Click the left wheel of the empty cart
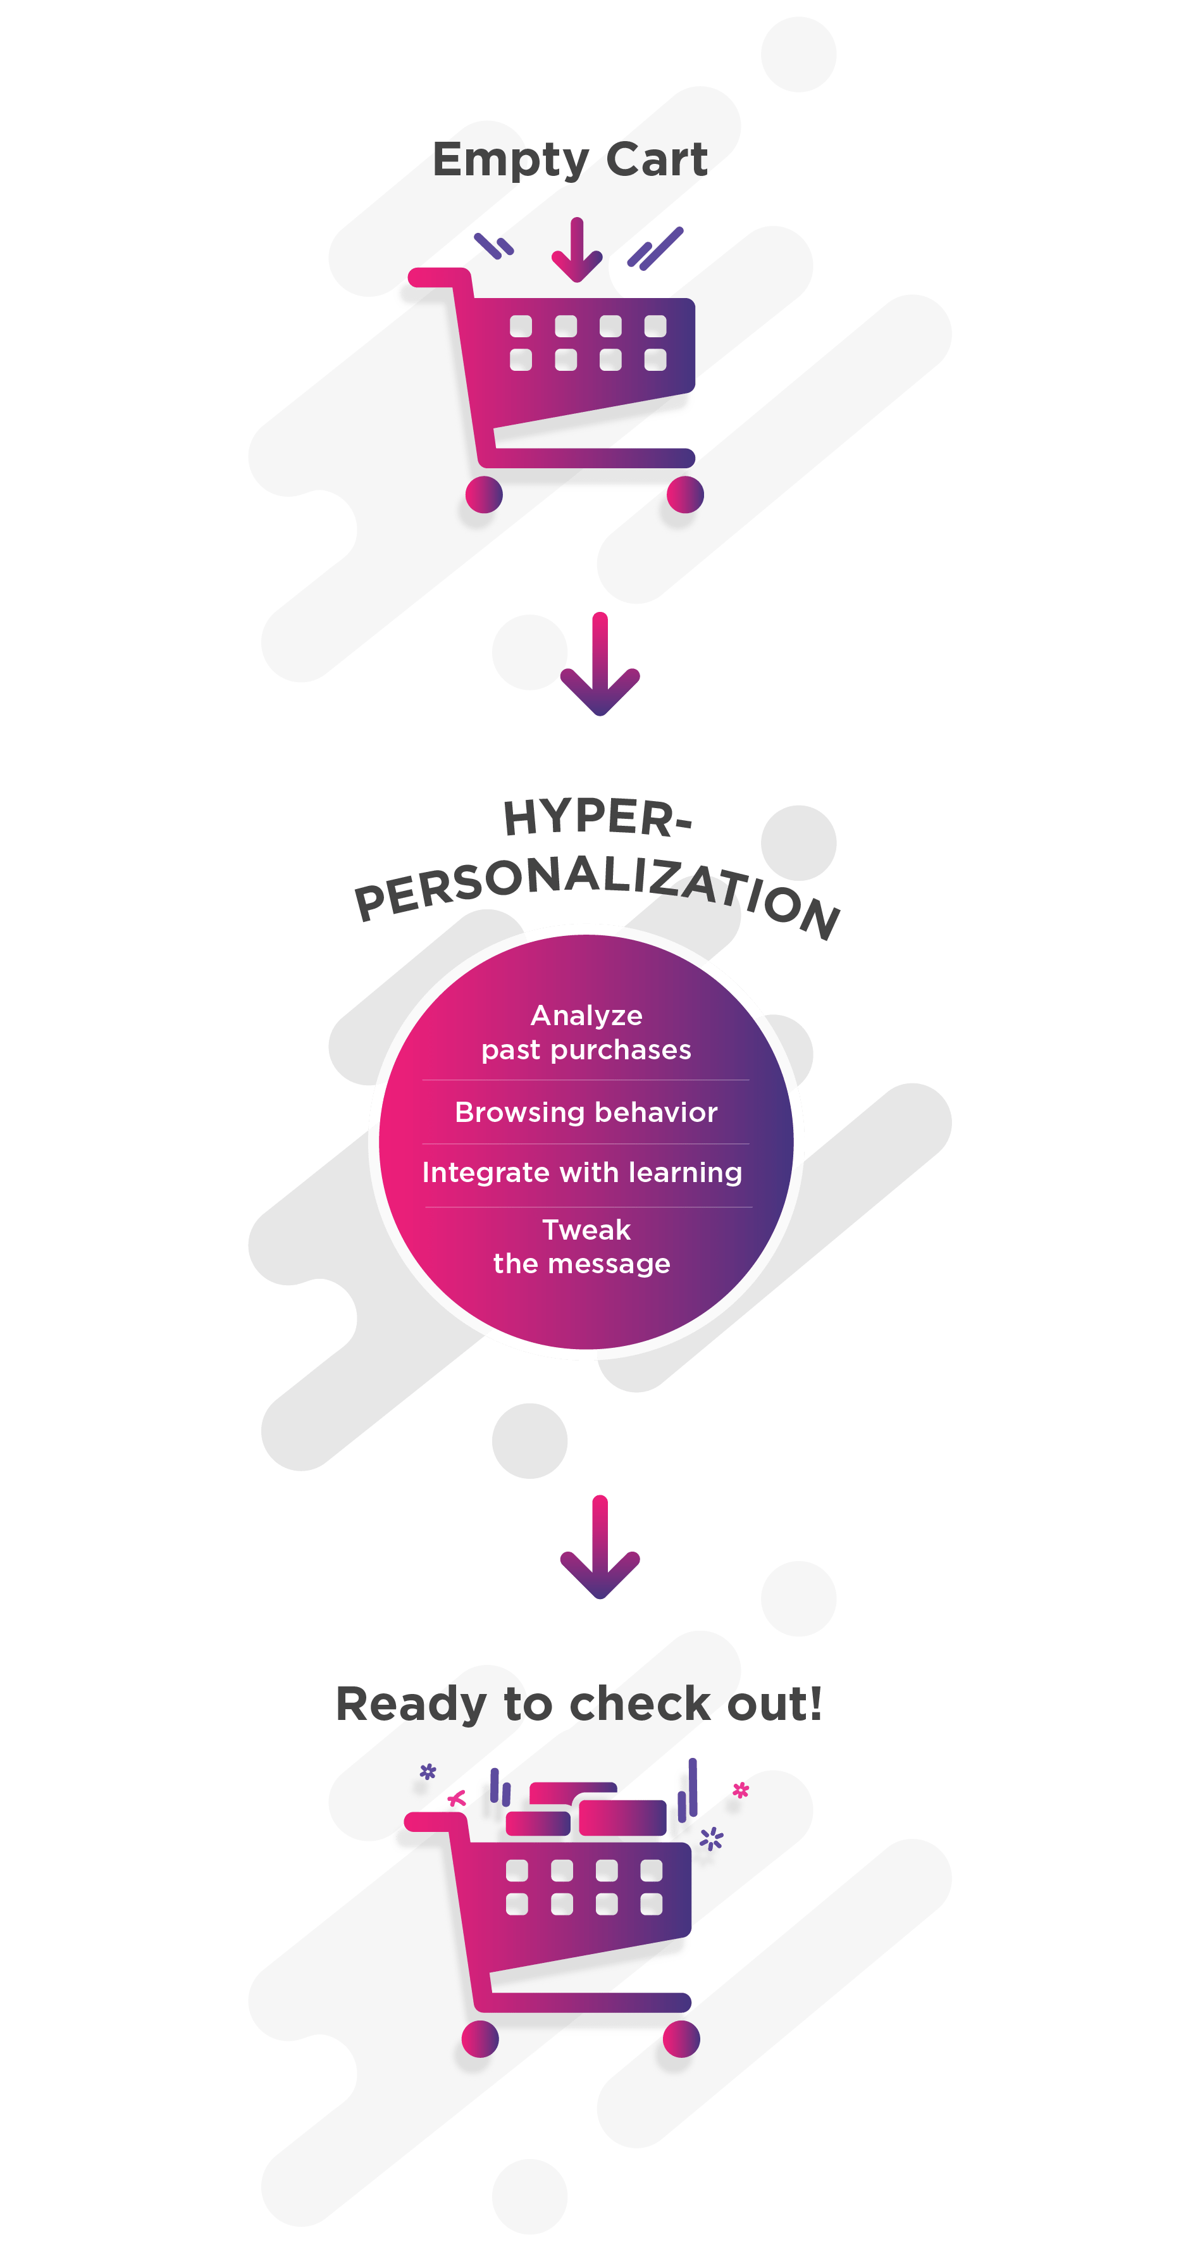(484, 495)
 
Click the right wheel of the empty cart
(685, 495)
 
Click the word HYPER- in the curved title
(598, 818)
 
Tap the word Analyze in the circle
(586, 1016)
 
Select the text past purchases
(586, 1050)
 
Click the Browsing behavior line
(586, 1112)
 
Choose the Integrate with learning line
(582, 1173)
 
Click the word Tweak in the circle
(586, 1230)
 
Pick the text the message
(582, 1264)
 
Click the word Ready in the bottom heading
(411, 1704)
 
